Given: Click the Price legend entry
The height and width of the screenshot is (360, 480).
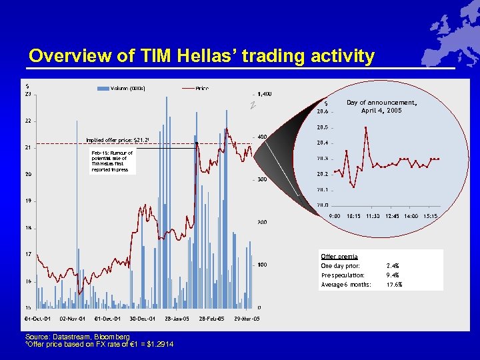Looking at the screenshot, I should tap(202, 88).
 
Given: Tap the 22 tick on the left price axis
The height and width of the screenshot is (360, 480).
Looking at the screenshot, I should tap(28, 121).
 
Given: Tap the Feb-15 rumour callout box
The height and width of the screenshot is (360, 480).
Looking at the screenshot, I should tap(112, 161).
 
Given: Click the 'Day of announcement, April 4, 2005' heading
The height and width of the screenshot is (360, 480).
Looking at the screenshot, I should tap(381, 107).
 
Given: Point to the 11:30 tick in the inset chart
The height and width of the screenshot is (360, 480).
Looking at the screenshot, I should tap(372, 216).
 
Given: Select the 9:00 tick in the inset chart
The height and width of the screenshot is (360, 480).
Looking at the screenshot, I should tap(335, 216).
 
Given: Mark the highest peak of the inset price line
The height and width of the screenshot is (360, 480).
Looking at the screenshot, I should tap(366, 127).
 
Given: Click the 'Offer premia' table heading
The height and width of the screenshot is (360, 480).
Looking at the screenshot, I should tap(339, 257).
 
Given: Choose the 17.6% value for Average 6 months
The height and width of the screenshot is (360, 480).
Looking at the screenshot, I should tap(395, 285).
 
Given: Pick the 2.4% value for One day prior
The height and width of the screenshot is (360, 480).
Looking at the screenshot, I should tap(393, 266).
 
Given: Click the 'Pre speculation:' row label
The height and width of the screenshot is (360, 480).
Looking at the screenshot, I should tap(343, 275).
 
